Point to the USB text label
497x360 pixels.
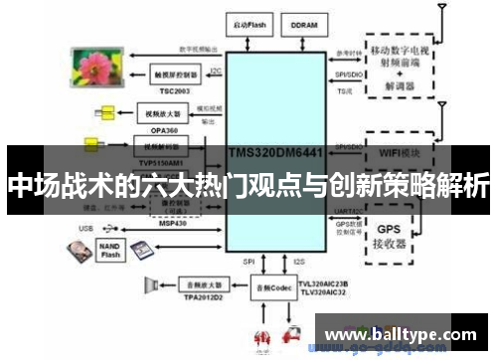(x=84, y=229)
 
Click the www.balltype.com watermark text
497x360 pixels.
(x=398, y=334)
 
